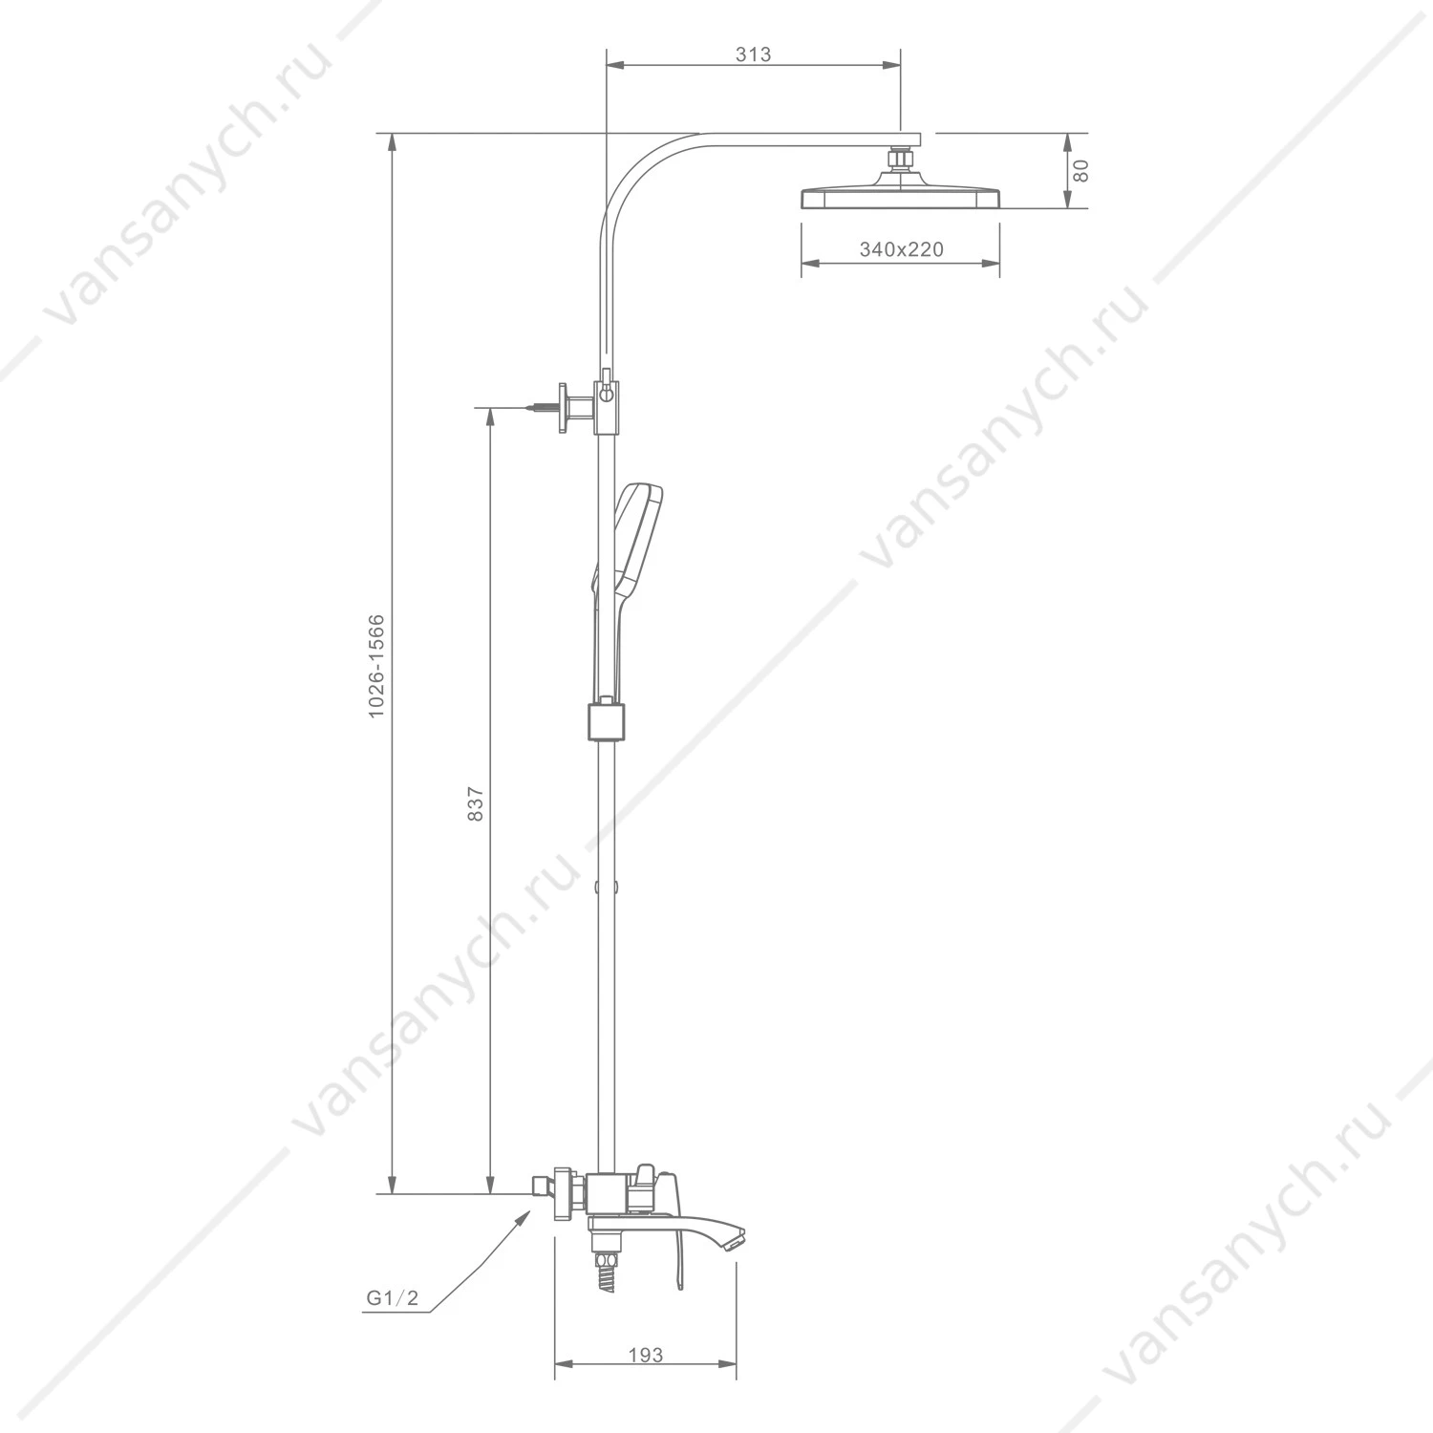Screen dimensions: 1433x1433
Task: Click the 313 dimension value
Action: coord(753,54)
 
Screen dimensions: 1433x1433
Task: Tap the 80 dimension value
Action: coord(1080,171)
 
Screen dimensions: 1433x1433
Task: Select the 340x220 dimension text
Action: coord(901,249)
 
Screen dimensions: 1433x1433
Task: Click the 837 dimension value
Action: coord(477,804)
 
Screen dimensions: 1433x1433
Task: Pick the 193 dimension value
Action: coord(646,1355)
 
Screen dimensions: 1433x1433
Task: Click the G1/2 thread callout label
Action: coord(392,1298)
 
